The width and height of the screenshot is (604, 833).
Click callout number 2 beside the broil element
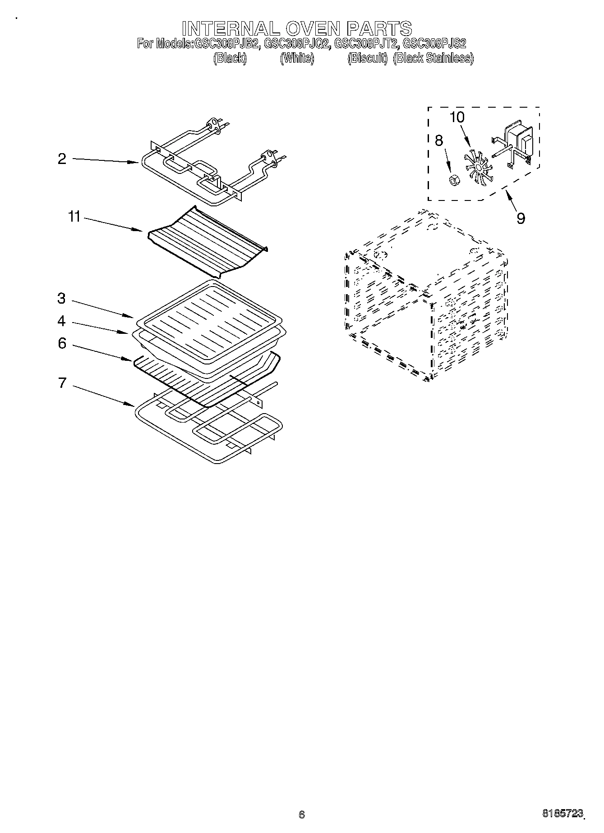(x=62, y=159)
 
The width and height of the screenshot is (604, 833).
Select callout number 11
(x=74, y=217)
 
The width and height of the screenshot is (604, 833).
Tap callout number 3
(x=62, y=298)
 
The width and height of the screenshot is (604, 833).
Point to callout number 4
(x=62, y=321)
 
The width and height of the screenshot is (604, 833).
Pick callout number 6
(x=62, y=343)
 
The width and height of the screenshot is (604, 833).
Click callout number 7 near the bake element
(x=62, y=383)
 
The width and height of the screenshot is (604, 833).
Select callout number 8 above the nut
(x=438, y=141)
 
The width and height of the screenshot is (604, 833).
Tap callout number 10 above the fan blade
(x=457, y=117)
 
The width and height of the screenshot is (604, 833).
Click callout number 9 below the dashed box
(x=521, y=218)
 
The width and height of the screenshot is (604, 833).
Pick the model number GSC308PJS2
(x=434, y=44)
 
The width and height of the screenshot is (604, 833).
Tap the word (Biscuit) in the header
(x=368, y=58)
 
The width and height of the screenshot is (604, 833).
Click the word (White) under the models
(x=297, y=58)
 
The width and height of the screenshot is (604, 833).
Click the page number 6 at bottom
(x=302, y=814)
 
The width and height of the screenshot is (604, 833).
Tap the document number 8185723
(x=562, y=813)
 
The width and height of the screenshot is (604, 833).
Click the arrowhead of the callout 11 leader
(x=141, y=231)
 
